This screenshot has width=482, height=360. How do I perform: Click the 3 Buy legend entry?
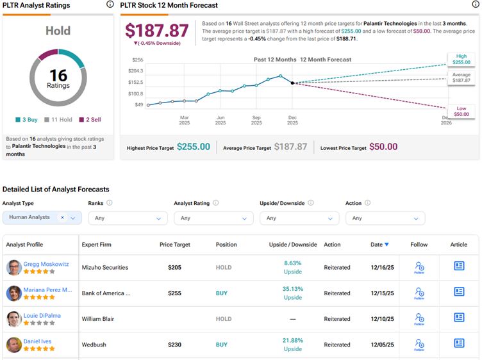pos(28,119)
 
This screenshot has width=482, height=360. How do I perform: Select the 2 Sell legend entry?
pos(90,119)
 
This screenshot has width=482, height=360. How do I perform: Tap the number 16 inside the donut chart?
pos(58,76)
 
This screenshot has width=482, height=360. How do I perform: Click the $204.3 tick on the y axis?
pos(135,70)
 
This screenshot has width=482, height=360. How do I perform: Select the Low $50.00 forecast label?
pos(461,111)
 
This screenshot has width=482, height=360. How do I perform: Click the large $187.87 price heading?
pos(156,31)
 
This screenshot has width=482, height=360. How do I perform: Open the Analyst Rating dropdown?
pos(213,218)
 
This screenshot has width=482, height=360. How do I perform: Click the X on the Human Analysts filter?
pos(62,218)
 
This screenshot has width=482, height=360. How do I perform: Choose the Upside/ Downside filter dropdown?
pos(299,218)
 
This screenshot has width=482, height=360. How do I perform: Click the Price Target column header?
pos(174,245)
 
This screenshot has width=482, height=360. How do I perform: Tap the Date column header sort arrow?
pos(387,245)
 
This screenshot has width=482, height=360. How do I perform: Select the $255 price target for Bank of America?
pos(174,293)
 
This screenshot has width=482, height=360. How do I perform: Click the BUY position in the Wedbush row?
pos(222,345)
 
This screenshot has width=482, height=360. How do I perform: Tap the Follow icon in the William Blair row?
pos(419,318)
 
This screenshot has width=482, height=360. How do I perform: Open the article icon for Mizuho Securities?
pos(459,266)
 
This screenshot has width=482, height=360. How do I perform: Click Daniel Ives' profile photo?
pos(13,345)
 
